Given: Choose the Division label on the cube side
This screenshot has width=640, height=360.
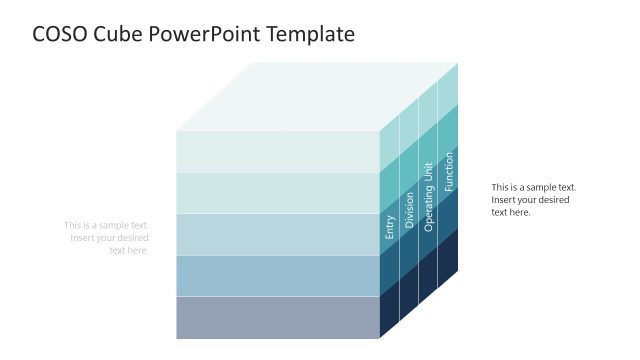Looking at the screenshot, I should click(x=409, y=213).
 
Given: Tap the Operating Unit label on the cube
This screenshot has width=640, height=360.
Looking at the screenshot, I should click(x=428, y=197).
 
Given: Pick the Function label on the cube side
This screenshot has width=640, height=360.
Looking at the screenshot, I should click(x=449, y=172).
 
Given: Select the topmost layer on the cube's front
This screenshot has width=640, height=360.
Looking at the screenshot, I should click(x=278, y=151).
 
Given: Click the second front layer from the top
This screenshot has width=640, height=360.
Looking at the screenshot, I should click(x=278, y=192).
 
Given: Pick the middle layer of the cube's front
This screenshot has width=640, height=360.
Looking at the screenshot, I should click(x=278, y=234).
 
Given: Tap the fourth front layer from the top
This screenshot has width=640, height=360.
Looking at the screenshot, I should click(x=278, y=275).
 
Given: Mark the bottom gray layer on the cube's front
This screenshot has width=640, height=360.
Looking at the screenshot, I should click(x=278, y=317).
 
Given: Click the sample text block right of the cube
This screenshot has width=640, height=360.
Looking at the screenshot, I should click(x=534, y=199).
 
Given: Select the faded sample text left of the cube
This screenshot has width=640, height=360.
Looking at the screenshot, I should click(x=106, y=237).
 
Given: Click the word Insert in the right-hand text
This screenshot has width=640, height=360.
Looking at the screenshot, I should click(x=504, y=199).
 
